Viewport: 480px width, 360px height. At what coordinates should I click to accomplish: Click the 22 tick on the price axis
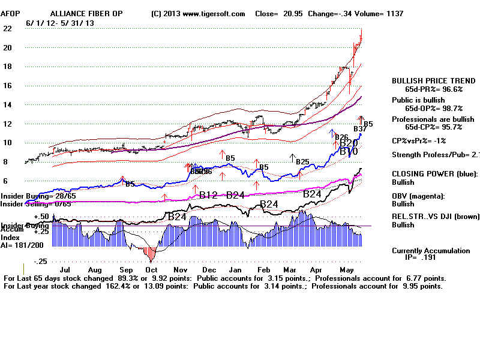tap(8, 29)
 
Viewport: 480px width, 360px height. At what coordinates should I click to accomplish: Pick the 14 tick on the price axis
tap(8, 105)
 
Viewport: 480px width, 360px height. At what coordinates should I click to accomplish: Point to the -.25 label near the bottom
tap(40, 262)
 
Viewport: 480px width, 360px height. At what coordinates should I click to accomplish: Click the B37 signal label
tap(360, 128)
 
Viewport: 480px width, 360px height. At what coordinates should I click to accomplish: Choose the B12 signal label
tap(208, 194)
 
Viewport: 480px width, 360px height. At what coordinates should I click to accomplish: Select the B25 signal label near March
tap(302, 162)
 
